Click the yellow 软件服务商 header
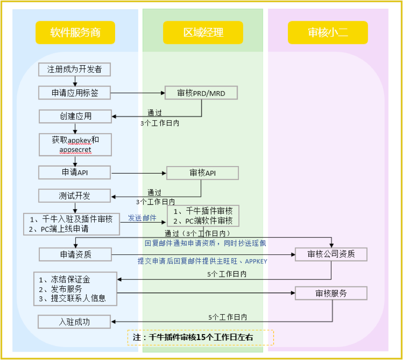point(75,32)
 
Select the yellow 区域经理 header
point(203,32)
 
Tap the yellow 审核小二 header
point(328,32)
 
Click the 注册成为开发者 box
point(74,70)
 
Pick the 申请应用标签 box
point(74,93)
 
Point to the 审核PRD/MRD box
point(201,93)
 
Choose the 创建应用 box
point(75,116)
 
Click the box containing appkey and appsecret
point(75,144)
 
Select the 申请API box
point(75,173)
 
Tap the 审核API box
point(202,173)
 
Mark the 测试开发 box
point(75,196)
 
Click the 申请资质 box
point(75,254)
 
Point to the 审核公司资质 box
point(331,254)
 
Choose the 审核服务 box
point(331,293)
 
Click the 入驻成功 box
point(74,322)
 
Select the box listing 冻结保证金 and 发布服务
point(75,289)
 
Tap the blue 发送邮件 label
point(142,218)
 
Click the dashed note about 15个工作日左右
point(201,338)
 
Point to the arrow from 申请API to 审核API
point(139,174)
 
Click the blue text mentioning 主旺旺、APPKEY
point(202,261)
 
